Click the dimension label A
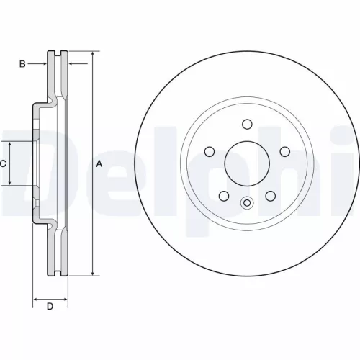[99, 164]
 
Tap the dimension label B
[22, 64]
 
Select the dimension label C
[3, 163]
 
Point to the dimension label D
[50, 307]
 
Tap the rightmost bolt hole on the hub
[284, 150]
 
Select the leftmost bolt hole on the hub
[210, 150]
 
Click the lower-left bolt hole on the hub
[224, 196]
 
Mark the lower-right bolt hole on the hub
[271, 196]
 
